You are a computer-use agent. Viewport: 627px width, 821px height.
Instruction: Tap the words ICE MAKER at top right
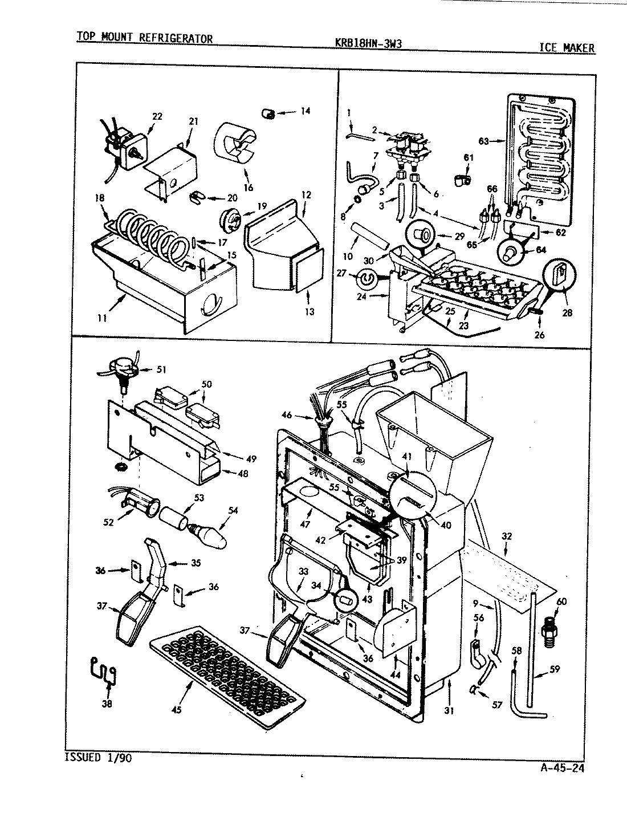pos(567,48)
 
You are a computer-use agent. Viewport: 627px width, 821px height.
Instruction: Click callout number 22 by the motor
pos(157,116)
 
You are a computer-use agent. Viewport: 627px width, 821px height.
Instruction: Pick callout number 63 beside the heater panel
pos(483,141)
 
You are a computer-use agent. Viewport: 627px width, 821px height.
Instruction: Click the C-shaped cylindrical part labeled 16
pos(235,145)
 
